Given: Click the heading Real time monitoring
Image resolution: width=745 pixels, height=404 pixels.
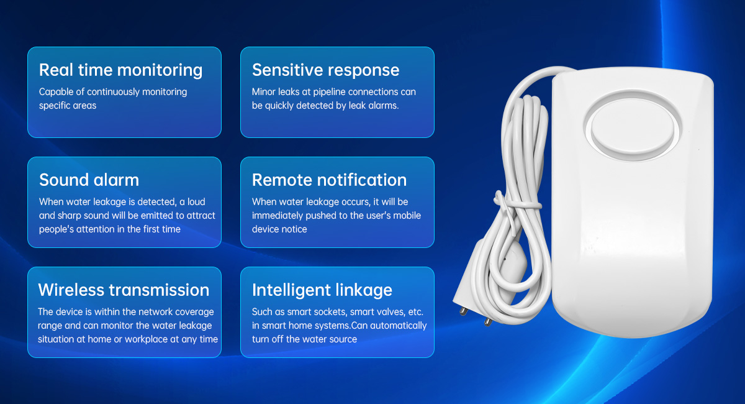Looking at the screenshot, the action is (x=120, y=70).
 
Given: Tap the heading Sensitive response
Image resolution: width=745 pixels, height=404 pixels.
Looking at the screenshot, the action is (x=325, y=70).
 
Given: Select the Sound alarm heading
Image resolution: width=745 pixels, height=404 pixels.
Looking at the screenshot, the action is (x=89, y=180).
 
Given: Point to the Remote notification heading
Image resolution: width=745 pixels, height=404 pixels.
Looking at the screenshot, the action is (x=329, y=180).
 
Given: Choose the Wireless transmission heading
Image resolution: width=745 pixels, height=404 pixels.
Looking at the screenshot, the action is (x=124, y=290).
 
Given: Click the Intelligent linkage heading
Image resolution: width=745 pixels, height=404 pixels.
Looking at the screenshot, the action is (x=322, y=290).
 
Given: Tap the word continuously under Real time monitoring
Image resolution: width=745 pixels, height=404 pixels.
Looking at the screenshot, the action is (x=113, y=92).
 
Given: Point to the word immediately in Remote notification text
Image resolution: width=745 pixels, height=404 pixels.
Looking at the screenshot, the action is (x=278, y=216).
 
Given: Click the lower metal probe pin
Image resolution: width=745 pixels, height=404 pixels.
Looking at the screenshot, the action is (x=488, y=322).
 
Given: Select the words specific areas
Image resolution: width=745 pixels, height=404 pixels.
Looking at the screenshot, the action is (x=68, y=106).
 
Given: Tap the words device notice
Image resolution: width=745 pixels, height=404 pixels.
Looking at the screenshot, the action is (x=279, y=229).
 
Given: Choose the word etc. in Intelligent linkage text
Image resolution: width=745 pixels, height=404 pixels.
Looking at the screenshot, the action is (x=415, y=312).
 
